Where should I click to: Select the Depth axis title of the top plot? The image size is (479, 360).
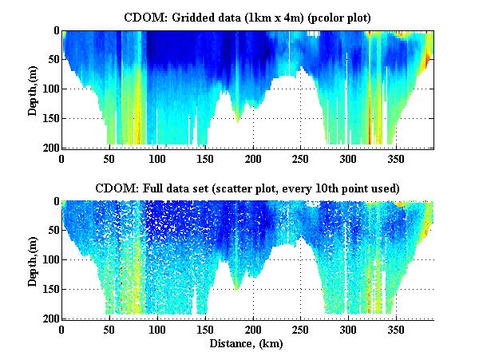tap(34, 89)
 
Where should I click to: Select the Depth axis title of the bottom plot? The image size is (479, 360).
tap(34, 260)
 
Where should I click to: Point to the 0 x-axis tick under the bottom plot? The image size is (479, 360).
tap(62, 329)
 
